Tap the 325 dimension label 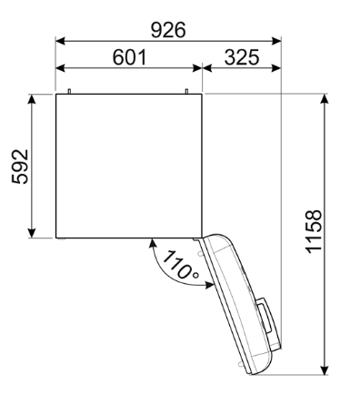tap(241, 56)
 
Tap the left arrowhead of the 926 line tap(60, 41)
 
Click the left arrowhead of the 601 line tap(60, 68)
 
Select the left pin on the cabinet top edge tap(69, 90)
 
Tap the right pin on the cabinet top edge tap(186, 90)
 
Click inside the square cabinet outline tap(127, 166)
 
